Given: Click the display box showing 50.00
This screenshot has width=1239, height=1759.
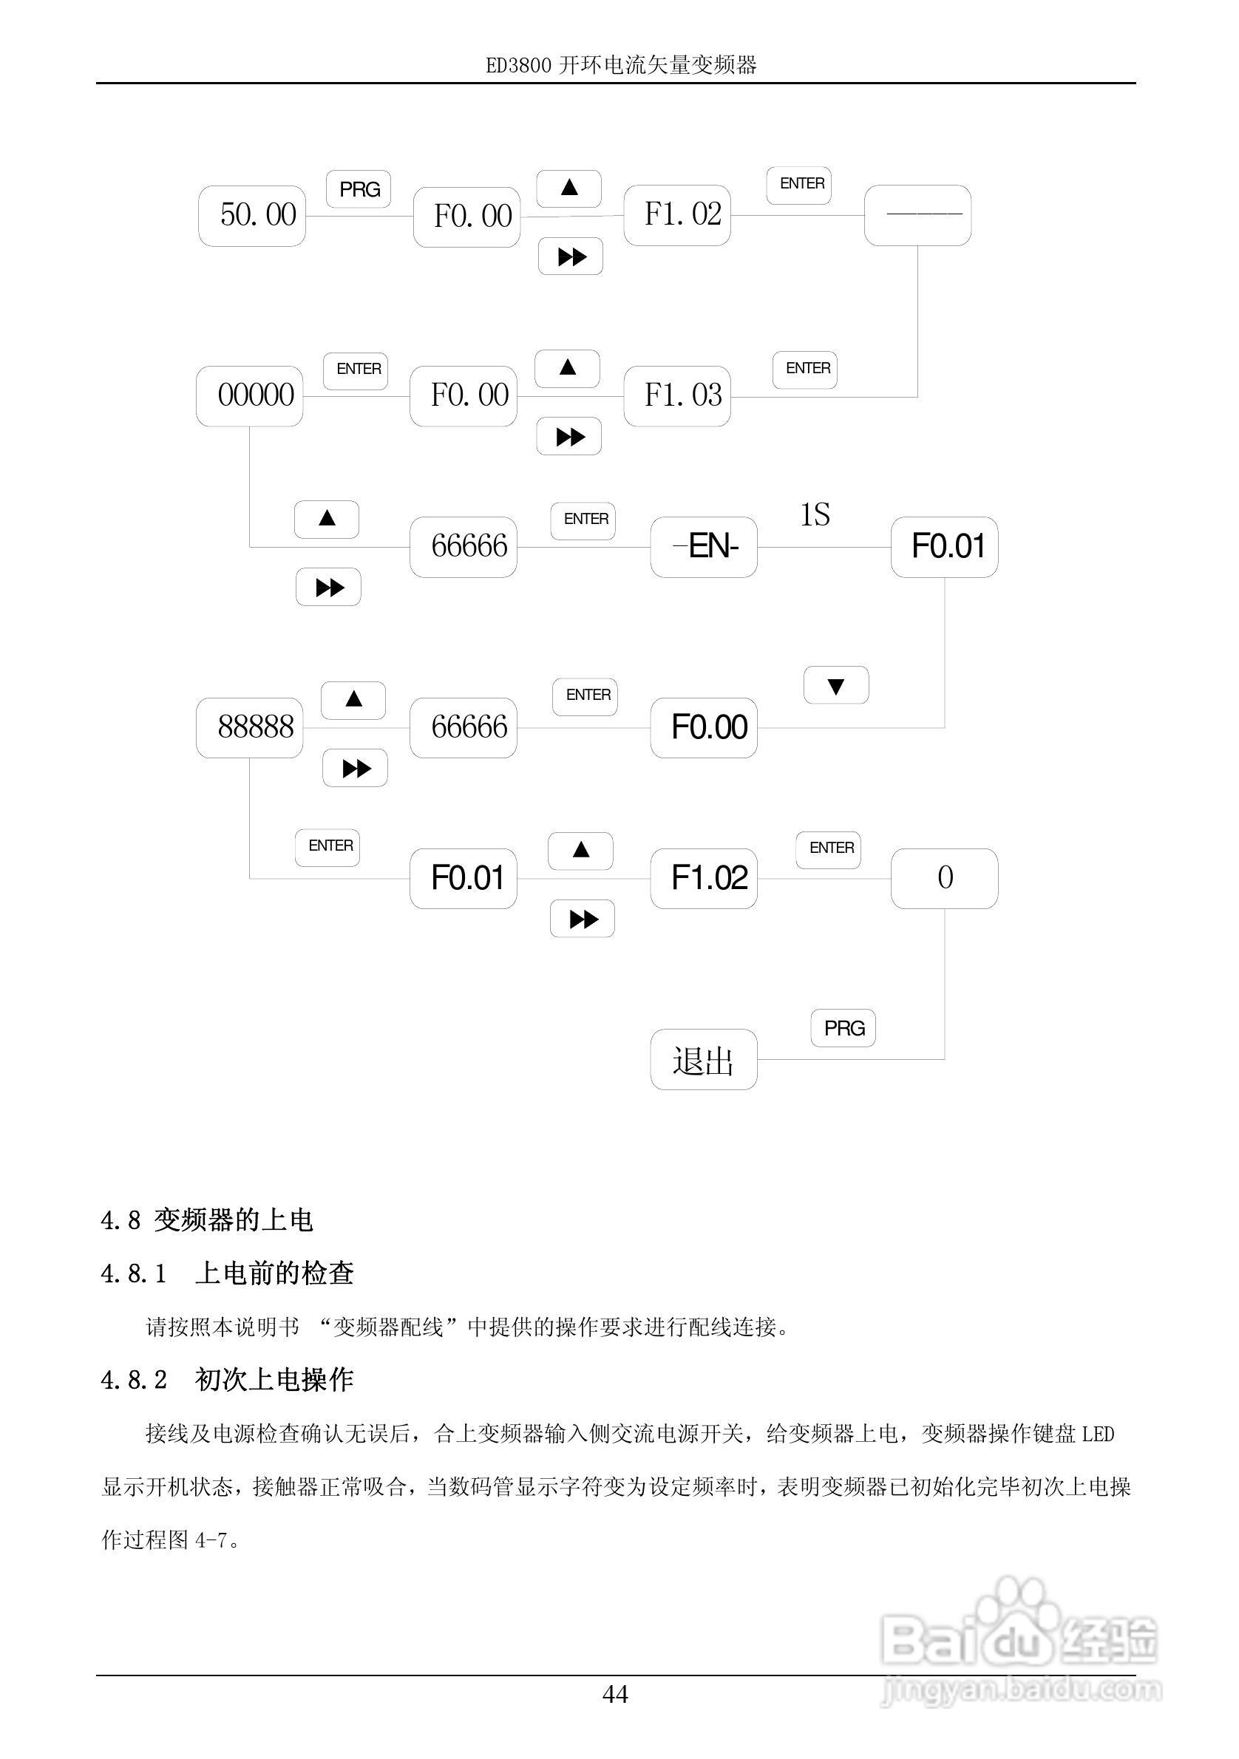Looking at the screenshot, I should click(x=252, y=215).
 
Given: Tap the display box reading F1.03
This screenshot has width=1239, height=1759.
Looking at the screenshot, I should click(x=677, y=396).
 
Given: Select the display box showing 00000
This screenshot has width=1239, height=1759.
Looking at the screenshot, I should click(x=250, y=396).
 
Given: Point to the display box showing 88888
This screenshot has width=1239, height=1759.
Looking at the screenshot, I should click(x=250, y=727).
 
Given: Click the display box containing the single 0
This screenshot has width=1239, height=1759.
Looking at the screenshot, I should click(x=944, y=878).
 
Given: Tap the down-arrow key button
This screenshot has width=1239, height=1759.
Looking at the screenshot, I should click(x=836, y=685).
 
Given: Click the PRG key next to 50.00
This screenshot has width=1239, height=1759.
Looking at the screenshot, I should click(x=359, y=189).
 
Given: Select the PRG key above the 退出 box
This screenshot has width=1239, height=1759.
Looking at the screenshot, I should click(x=843, y=1028).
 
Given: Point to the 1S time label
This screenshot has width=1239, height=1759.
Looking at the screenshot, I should click(x=815, y=514).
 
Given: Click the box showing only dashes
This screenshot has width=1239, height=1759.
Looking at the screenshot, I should click(x=918, y=215).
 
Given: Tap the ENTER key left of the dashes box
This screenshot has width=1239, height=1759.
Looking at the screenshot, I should click(x=799, y=185).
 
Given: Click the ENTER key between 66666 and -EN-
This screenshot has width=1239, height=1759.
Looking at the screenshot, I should click(x=584, y=520).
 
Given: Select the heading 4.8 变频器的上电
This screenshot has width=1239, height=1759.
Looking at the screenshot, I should click(x=207, y=1220).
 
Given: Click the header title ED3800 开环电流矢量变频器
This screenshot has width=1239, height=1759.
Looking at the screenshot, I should click(x=621, y=66).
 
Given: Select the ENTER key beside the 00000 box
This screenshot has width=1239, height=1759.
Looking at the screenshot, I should click(x=356, y=370).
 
